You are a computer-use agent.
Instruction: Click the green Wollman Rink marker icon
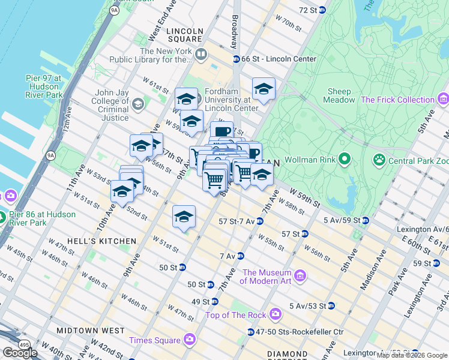[x=344, y=160]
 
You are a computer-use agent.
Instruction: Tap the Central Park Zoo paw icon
[x=379, y=160]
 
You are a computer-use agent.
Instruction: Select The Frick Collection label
[x=398, y=100]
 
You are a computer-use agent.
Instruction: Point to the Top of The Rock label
[x=235, y=314]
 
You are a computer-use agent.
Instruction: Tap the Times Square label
[x=154, y=340]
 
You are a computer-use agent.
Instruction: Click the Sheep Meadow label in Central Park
[x=339, y=96]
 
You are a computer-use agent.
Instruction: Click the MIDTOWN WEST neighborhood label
[x=91, y=331]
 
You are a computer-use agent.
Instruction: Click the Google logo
[x=20, y=352]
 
